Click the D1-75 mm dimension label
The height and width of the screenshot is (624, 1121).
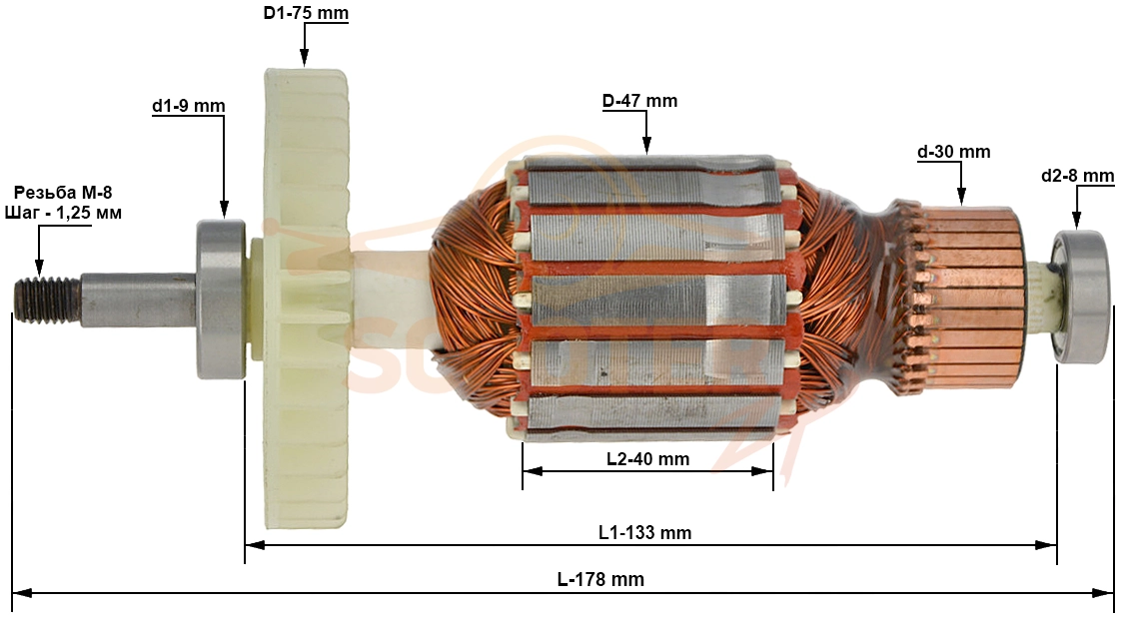(x=306, y=14)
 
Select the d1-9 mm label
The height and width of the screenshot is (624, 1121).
(x=188, y=106)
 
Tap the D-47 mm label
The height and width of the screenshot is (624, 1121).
(x=639, y=101)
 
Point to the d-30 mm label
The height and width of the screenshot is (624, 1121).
(x=954, y=152)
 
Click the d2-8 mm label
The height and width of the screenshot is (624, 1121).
(x=1078, y=175)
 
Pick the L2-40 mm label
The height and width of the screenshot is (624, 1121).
(x=647, y=459)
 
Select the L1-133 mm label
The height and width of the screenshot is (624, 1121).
(x=644, y=532)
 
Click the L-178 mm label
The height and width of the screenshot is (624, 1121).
(x=600, y=579)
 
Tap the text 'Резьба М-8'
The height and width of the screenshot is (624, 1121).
(x=63, y=193)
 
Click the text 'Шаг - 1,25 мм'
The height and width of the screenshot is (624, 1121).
(x=63, y=213)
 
